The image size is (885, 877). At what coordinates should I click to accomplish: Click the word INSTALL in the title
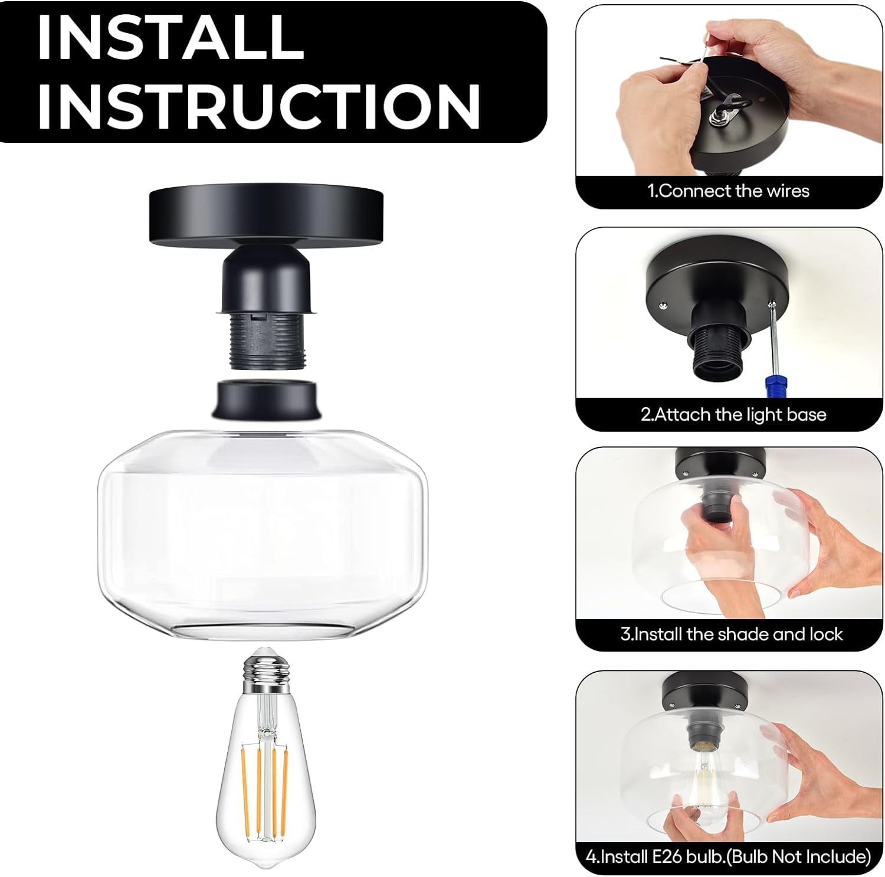pos(171,38)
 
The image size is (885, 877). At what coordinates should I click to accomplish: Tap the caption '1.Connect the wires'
pos(728,191)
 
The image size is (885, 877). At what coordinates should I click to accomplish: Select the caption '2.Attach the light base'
pos(733,414)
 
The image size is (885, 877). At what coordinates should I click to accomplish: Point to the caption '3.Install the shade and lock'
pos(732,634)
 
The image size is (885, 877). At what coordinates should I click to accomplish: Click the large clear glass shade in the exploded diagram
pos(263,534)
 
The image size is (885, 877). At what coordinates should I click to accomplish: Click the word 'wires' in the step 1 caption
pos(788,191)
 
